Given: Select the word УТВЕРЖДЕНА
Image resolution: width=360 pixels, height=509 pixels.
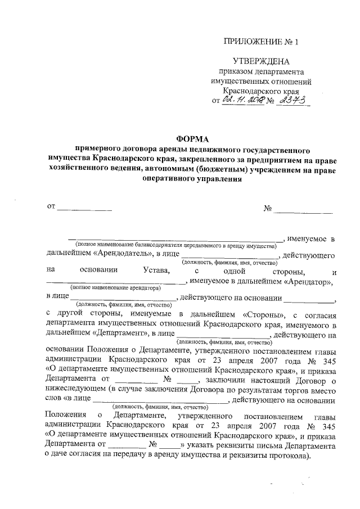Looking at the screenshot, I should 262,61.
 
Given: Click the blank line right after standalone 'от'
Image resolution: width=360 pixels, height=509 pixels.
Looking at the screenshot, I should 84,209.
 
